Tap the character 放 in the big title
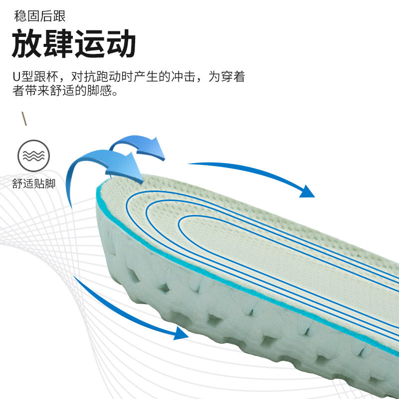click(26, 44)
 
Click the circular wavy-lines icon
click(34, 156)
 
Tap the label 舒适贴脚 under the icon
click(34, 184)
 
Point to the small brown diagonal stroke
click(23, 119)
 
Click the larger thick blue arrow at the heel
click(115, 165)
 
